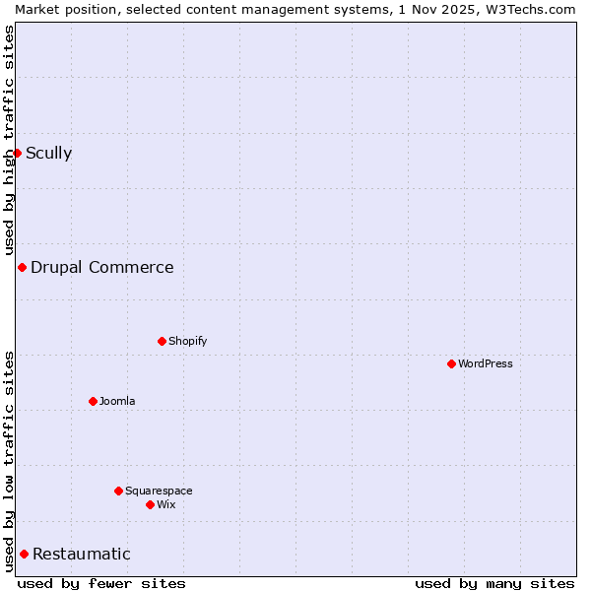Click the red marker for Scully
coord(17,153)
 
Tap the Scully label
coord(48,153)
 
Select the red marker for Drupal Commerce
coord(22,267)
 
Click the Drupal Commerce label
coord(101,267)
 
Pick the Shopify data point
coord(162,341)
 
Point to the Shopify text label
coord(187,341)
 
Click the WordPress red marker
coord(451,363)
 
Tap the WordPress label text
coord(485,363)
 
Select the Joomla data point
coord(93,401)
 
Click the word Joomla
coord(117,401)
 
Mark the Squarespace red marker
coord(118,491)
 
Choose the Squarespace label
coord(159,491)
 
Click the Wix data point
coord(150,504)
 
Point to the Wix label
coord(165,504)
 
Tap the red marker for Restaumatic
coord(24,554)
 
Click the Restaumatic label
coord(81,554)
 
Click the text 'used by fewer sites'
coord(101,583)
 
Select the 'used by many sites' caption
coord(494,583)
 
